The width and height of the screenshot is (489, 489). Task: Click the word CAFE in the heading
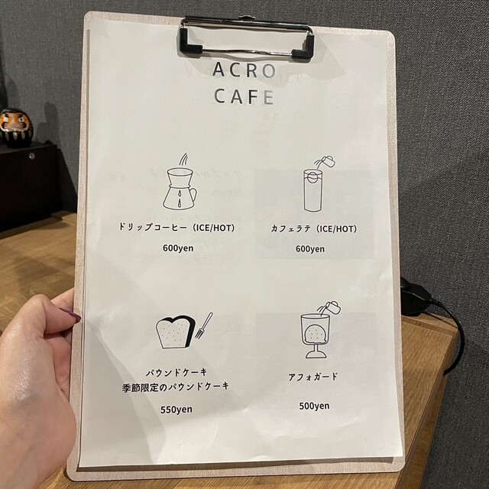244,97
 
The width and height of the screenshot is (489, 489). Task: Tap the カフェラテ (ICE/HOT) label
313,228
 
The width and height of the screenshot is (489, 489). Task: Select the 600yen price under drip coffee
179,248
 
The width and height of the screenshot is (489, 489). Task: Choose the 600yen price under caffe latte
309,248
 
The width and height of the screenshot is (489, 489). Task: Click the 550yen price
176,409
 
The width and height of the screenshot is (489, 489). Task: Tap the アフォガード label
314,377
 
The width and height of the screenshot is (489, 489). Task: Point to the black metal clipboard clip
246,38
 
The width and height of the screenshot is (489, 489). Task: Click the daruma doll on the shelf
15,127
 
